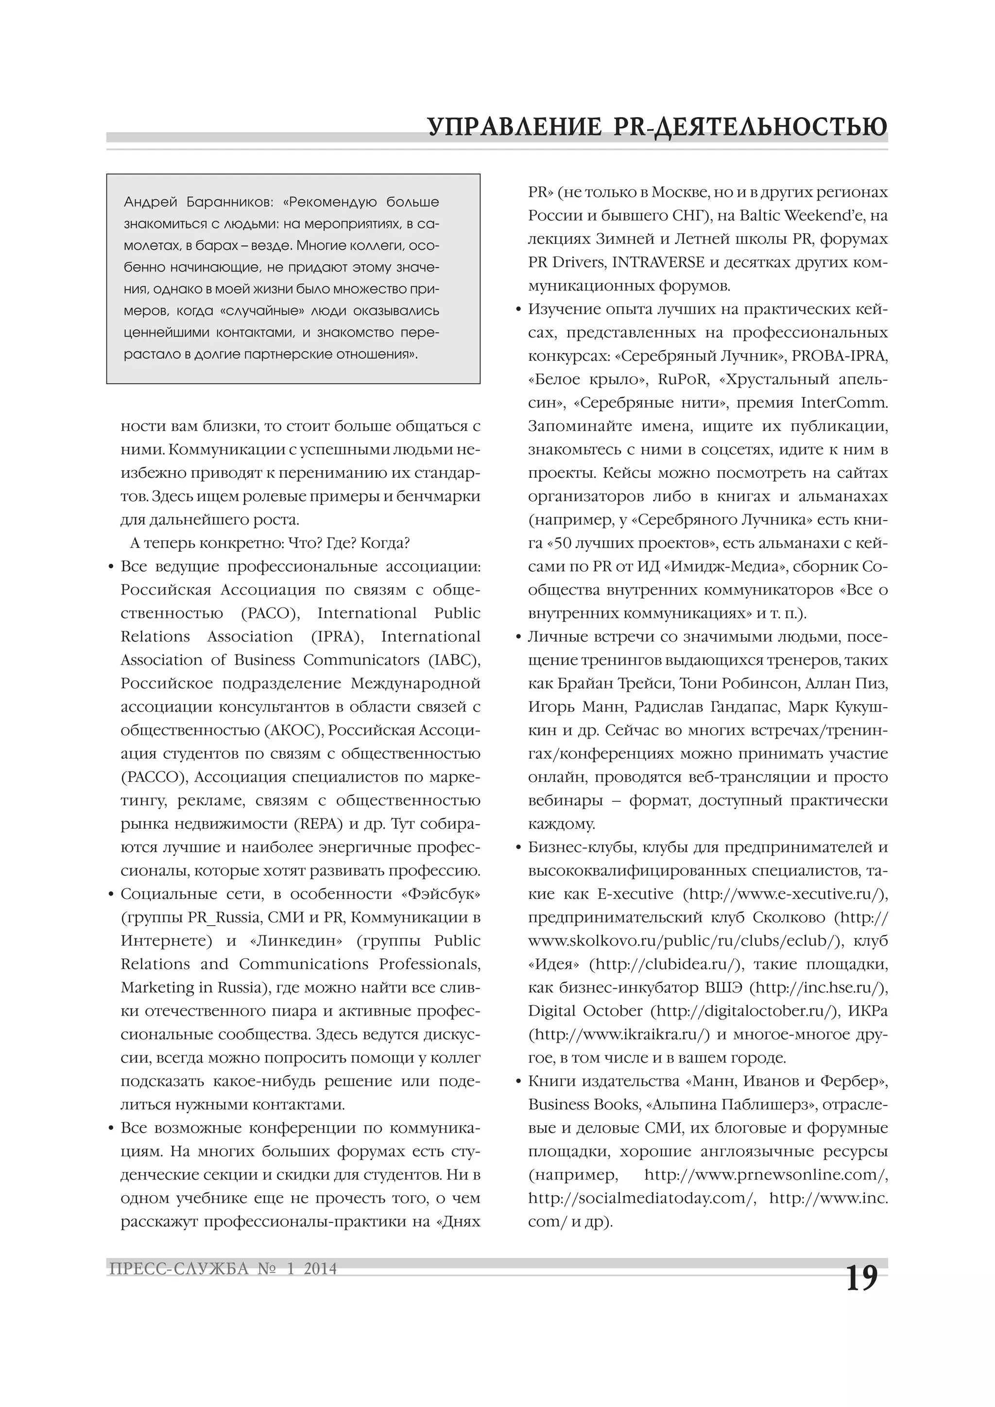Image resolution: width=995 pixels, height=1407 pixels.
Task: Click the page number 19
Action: [x=861, y=1279]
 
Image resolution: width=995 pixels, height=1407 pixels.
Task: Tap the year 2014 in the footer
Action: [x=320, y=1269]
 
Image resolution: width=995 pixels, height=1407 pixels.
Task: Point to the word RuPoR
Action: [x=683, y=379]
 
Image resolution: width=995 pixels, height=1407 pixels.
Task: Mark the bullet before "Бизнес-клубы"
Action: [x=519, y=848]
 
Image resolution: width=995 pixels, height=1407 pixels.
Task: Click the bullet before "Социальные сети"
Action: [x=111, y=895]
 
